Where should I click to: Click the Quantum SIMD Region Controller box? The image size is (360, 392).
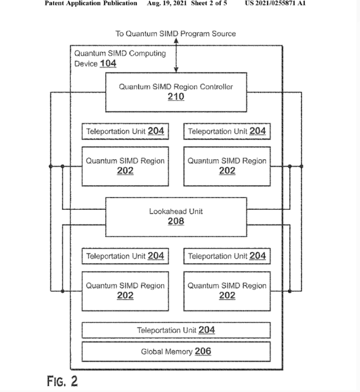pos(175,92)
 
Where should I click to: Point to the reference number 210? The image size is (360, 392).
pos(175,97)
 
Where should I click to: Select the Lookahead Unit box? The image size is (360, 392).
pos(175,217)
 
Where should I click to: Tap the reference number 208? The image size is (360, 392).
pos(175,222)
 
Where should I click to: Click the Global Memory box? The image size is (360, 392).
pos(175,352)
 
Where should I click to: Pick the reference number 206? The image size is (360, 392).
pos(203,352)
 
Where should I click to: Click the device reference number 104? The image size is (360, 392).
pos(108,64)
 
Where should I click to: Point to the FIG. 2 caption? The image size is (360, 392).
pos(62,381)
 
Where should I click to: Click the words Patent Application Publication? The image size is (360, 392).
pos(91,3)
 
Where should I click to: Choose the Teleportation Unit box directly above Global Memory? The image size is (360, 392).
pos(175,330)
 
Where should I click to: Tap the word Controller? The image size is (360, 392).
pos(214,87)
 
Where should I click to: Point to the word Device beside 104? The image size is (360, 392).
pos(86,64)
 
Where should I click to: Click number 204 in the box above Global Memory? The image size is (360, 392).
pos(206,330)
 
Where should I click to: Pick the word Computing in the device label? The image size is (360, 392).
pos(146,53)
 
